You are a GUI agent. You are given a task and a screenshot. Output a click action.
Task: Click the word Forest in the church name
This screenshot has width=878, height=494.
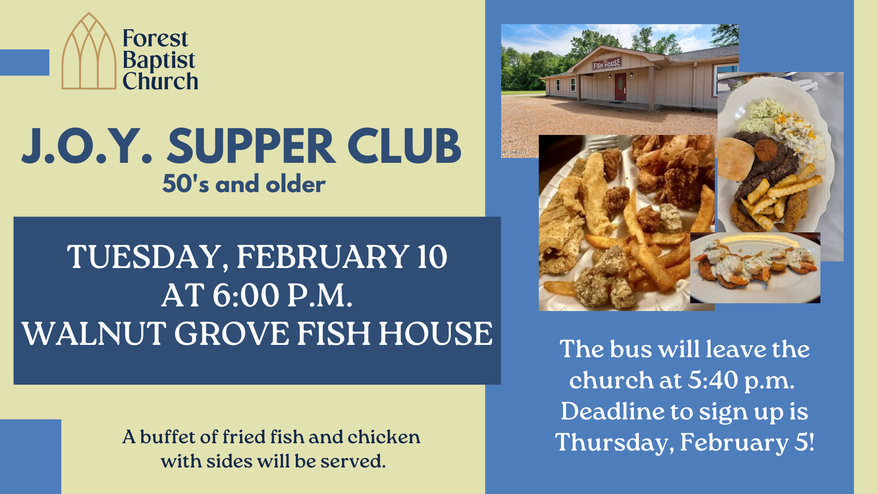click(155, 38)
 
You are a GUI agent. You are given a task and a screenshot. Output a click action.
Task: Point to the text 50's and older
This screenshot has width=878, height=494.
click(244, 184)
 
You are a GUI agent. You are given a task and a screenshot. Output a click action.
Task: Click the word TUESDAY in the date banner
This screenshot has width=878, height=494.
click(145, 258)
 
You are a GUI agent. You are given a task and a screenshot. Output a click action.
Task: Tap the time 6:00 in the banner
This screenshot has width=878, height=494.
click(246, 295)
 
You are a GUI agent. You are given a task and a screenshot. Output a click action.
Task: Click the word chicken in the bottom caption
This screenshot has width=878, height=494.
click(384, 437)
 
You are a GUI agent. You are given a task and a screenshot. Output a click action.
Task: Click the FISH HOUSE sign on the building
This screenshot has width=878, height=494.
click(606, 64)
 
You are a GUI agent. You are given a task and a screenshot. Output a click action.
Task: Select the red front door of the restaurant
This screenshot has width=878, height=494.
click(620, 86)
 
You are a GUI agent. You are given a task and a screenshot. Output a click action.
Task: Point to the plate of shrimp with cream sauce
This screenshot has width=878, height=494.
click(755, 268)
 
